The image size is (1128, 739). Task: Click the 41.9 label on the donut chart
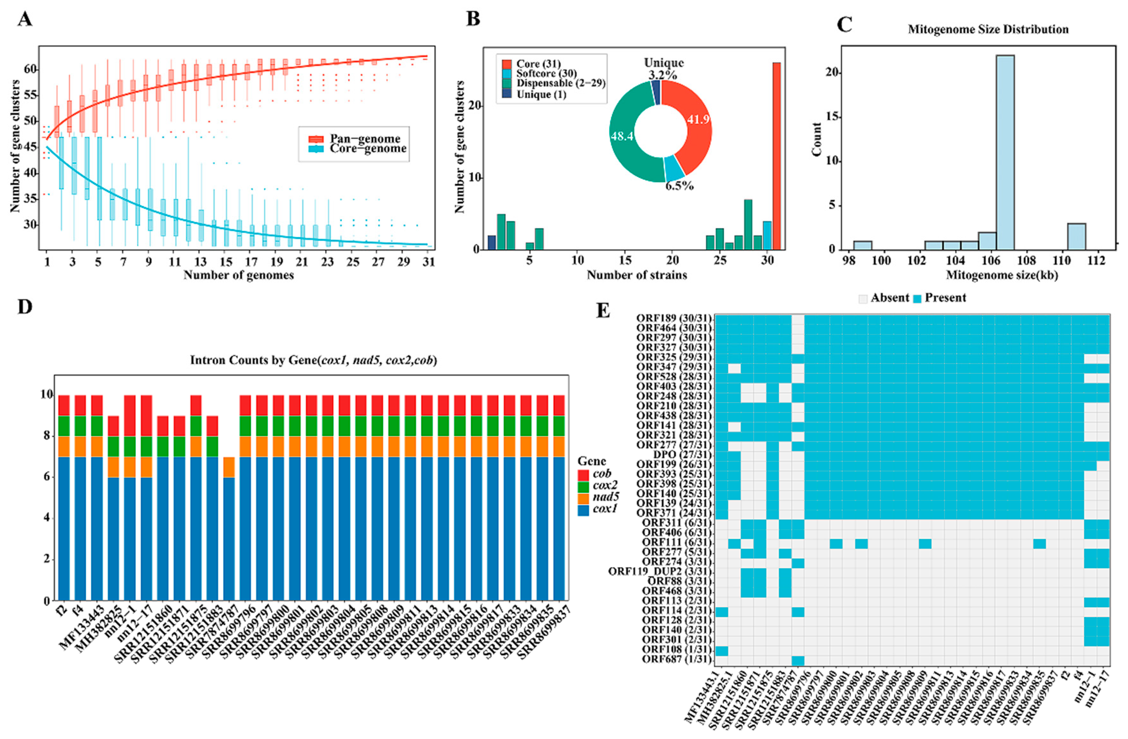(x=698, y=119)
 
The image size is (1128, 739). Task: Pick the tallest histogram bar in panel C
(x=1005, y=152)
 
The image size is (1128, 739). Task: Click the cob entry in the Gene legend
(x=601, y=473)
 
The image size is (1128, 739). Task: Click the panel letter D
(x=25, y=307)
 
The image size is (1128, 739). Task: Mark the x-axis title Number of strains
(x=636, y=275)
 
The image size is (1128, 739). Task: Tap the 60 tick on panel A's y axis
(x=30, y=70)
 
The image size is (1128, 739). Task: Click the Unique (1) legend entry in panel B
(x=541, y=94)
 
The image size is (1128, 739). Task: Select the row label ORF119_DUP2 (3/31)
(x=660, y=572)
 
